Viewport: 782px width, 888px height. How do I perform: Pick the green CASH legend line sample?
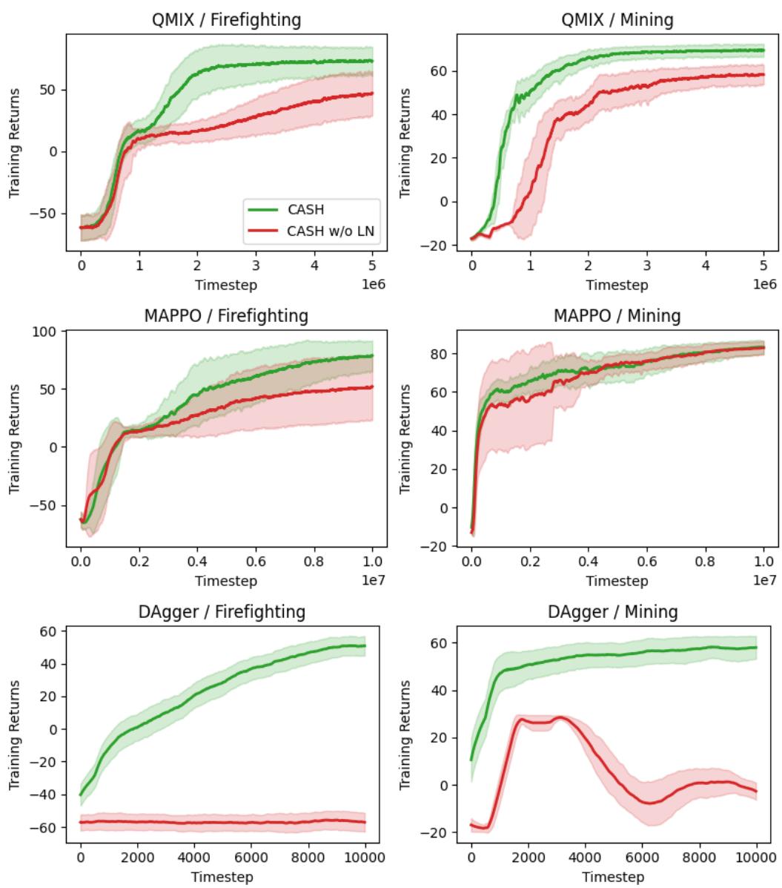click(x=264, y=210)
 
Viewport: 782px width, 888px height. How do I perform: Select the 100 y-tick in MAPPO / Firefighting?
click(x=48, y=331)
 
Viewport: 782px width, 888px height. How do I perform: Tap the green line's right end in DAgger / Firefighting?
click(x=365, y=645)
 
